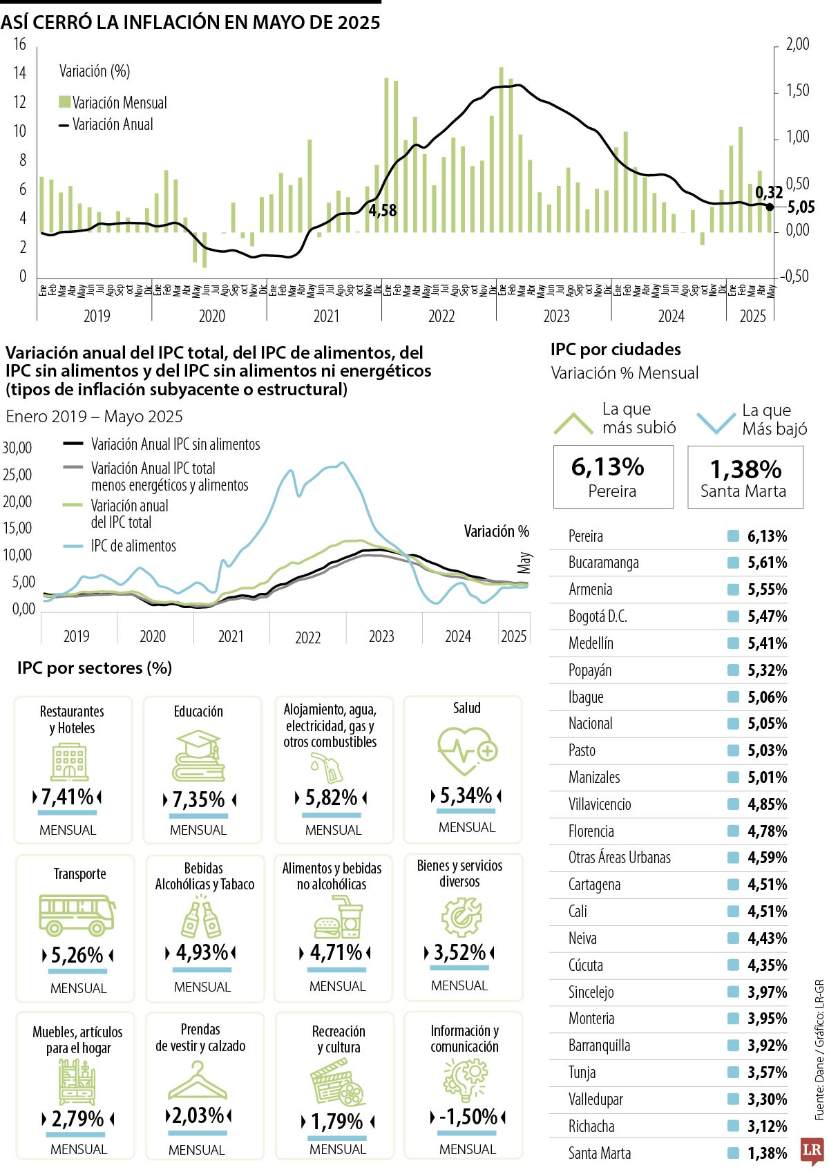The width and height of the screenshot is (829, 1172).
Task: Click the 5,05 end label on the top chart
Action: [x=801, y=207]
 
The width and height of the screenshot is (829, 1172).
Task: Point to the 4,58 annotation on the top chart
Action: [x=382, y=211]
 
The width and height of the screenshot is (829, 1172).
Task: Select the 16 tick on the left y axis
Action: [x=19, y=44]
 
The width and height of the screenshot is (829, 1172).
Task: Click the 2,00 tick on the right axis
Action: [x=798, y=44]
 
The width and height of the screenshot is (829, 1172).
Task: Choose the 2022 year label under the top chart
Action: [x=441, y=316]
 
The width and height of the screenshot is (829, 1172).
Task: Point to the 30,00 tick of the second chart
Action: [x=17, y=448]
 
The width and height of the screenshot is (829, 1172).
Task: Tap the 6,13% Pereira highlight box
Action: [x=612, y=477]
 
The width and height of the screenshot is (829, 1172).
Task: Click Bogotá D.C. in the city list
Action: [x=598, y=616]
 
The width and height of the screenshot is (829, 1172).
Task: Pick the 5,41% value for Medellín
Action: [x=767, y=643]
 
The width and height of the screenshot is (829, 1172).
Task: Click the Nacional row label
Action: [x=590, y=724]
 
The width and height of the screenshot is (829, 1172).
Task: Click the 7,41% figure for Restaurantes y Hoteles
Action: [x=67, y=797]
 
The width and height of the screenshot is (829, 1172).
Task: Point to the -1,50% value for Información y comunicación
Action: [x=468, y=1117]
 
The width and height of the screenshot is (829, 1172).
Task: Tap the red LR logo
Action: [x=812, y=1151]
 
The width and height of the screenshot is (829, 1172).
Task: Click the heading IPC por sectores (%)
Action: [x=95, y=668]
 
